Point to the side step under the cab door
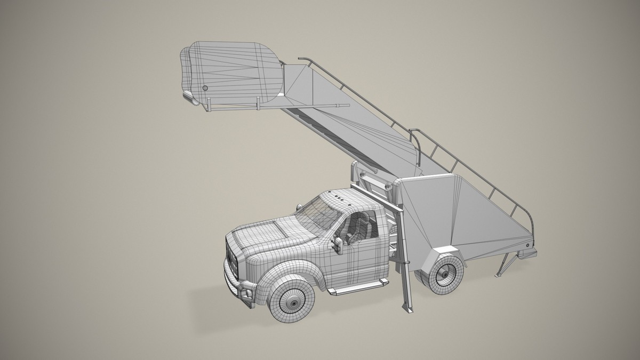pos(358,288)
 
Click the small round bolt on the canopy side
pos(205,87)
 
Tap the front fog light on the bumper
pos(246,295)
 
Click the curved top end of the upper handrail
pos(303,57)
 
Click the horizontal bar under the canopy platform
pos(240,109)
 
